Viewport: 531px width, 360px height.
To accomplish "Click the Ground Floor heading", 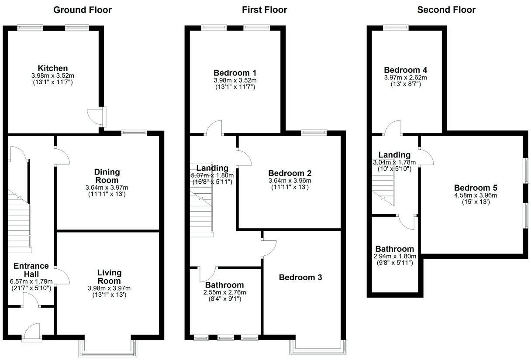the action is [x=82, y=10].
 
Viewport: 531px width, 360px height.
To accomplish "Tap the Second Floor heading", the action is [x=446, y=10].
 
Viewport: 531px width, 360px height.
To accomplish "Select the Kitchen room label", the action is [x=52, y=68].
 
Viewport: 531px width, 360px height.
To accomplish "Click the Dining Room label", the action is [x=107, y=176].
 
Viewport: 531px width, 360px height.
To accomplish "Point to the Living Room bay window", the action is [x=107, y=347].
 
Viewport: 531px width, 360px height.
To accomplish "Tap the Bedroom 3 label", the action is [x=300, y=277].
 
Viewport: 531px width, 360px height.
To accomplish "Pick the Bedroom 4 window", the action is [x=396, y=27].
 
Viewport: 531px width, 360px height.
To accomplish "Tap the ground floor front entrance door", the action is [x=32, y=333].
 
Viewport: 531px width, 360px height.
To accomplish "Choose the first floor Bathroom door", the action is [x=208, y=274].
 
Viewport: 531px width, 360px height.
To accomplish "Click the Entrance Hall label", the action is [x=31, y=270].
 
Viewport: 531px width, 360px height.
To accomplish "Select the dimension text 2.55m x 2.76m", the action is [x=225, y=292].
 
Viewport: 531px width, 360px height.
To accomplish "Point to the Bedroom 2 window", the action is [x=314, y=131].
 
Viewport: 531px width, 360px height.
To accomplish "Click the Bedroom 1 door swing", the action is [x=214, y=128].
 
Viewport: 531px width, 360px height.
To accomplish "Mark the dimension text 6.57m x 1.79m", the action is [x=31, y=281].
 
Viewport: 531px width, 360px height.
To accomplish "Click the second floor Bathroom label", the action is [x=394, y=249].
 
